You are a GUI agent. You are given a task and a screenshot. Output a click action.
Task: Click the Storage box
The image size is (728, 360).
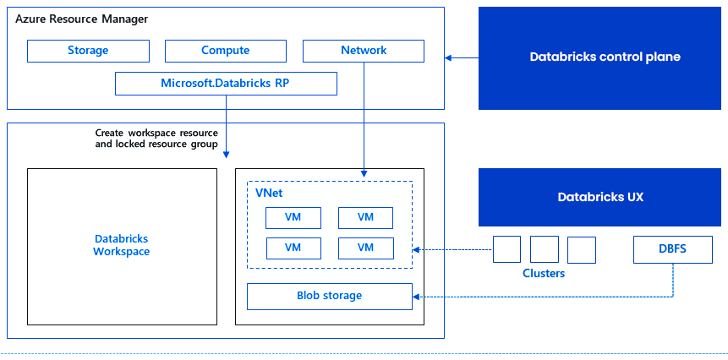88,51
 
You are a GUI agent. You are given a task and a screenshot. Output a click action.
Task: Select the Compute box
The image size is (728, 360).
225,51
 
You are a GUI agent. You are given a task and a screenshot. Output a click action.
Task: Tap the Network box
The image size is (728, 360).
364,51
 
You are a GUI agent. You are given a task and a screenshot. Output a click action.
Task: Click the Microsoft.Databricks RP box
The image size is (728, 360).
226,84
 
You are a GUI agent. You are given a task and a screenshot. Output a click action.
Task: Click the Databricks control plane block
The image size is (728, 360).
604,57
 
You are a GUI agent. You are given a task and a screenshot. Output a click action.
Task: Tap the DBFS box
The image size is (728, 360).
673,248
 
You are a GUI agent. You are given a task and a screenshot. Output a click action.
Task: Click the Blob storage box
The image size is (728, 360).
329,296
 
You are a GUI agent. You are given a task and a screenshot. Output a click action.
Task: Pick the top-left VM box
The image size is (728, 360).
293,217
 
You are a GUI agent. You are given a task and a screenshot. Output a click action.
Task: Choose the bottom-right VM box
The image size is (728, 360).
365,248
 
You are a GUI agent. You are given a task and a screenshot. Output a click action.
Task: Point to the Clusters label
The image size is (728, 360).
544,273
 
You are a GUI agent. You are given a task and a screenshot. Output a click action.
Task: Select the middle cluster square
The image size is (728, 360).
545,249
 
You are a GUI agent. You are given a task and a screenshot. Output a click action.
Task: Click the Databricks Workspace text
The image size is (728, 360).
121,245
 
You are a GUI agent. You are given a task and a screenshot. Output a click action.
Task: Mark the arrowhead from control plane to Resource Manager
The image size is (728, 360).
449,57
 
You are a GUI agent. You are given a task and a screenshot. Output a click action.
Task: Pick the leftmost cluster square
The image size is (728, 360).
506,249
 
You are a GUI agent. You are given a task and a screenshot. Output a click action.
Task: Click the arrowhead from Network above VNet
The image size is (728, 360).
364,173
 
